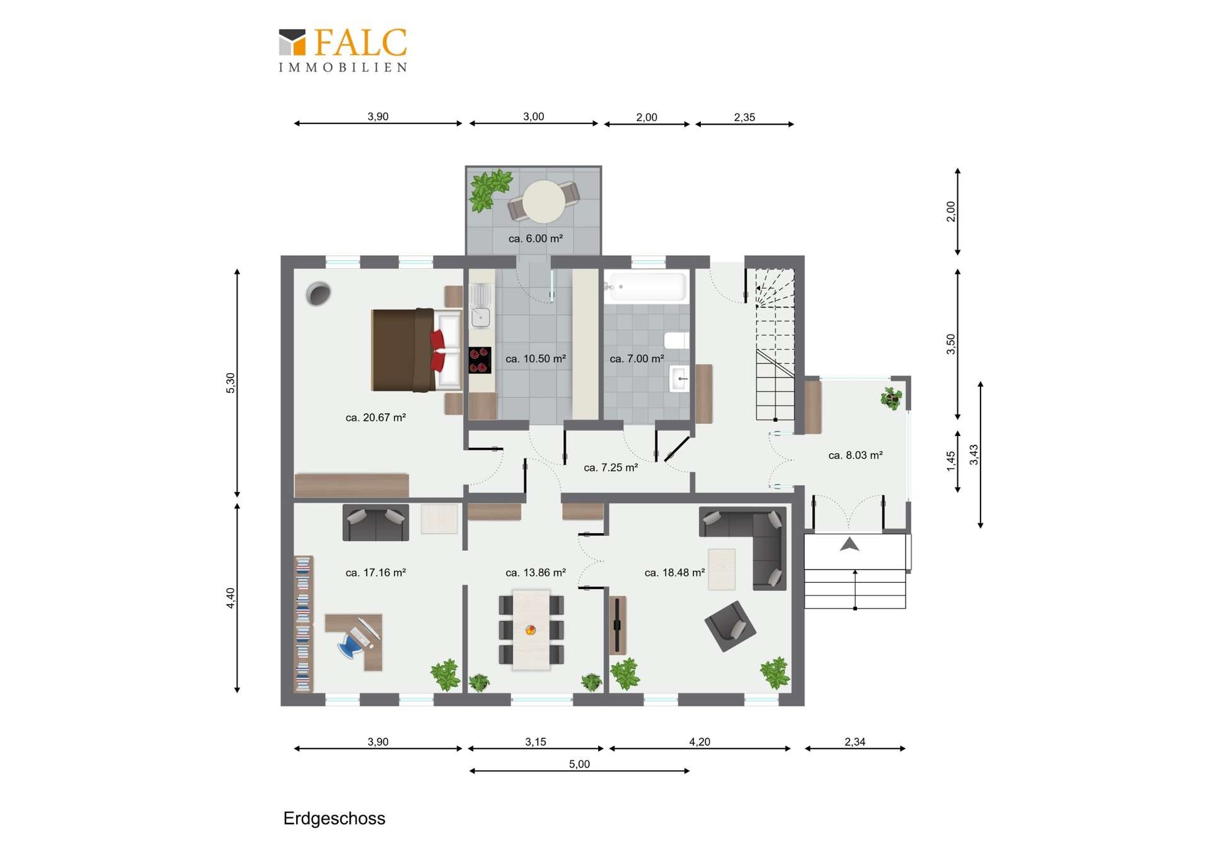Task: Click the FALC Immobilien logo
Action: (x=343, y=50)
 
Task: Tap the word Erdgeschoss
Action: (x=334, y=818)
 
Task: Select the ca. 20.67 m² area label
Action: (x=376, y=417)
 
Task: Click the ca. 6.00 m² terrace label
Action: (x=535, y=238)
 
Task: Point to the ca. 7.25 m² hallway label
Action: (x=611, y=468)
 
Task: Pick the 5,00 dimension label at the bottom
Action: (x=579, y=764)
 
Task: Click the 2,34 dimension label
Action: (x=855, y=742)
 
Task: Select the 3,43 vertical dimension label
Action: (x=974, y=454)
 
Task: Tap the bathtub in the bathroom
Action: (x=645, y=287)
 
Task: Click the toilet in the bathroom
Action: (x=677, y=340)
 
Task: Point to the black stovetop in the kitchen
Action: (x=480, y=360)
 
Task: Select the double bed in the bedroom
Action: (x=417, y=350)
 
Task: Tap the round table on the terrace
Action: (x=544, y=202)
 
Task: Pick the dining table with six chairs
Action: (x=531, y=629)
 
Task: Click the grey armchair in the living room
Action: (x=730, y=626)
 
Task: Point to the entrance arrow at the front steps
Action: (x=850, y=544)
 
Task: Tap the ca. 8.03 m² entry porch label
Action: (x=855, y=455)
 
